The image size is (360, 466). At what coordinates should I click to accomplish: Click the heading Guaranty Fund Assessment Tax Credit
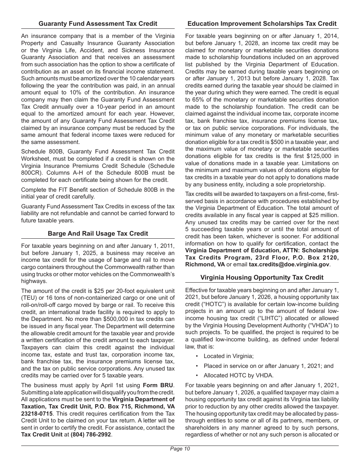point(98,23)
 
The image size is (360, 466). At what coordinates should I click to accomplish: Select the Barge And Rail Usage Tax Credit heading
point(98,233)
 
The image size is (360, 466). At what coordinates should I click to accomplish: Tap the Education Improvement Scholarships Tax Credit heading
point(262,23)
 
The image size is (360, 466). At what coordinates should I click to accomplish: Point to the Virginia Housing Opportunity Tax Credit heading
point(262,277)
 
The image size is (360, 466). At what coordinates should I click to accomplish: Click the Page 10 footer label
point(180,449)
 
